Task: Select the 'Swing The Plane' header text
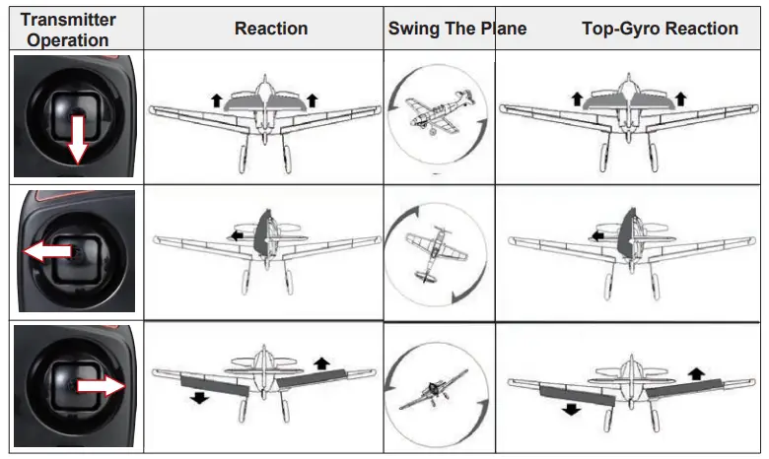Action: coord(456,29)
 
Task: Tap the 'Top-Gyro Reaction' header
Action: coord(660,29)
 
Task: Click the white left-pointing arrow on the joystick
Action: coord(47,253)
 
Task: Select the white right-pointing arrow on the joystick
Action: coord(102,386)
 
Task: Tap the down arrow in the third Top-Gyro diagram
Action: coord(570,409)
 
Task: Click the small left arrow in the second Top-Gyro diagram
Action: coord(597,235)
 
